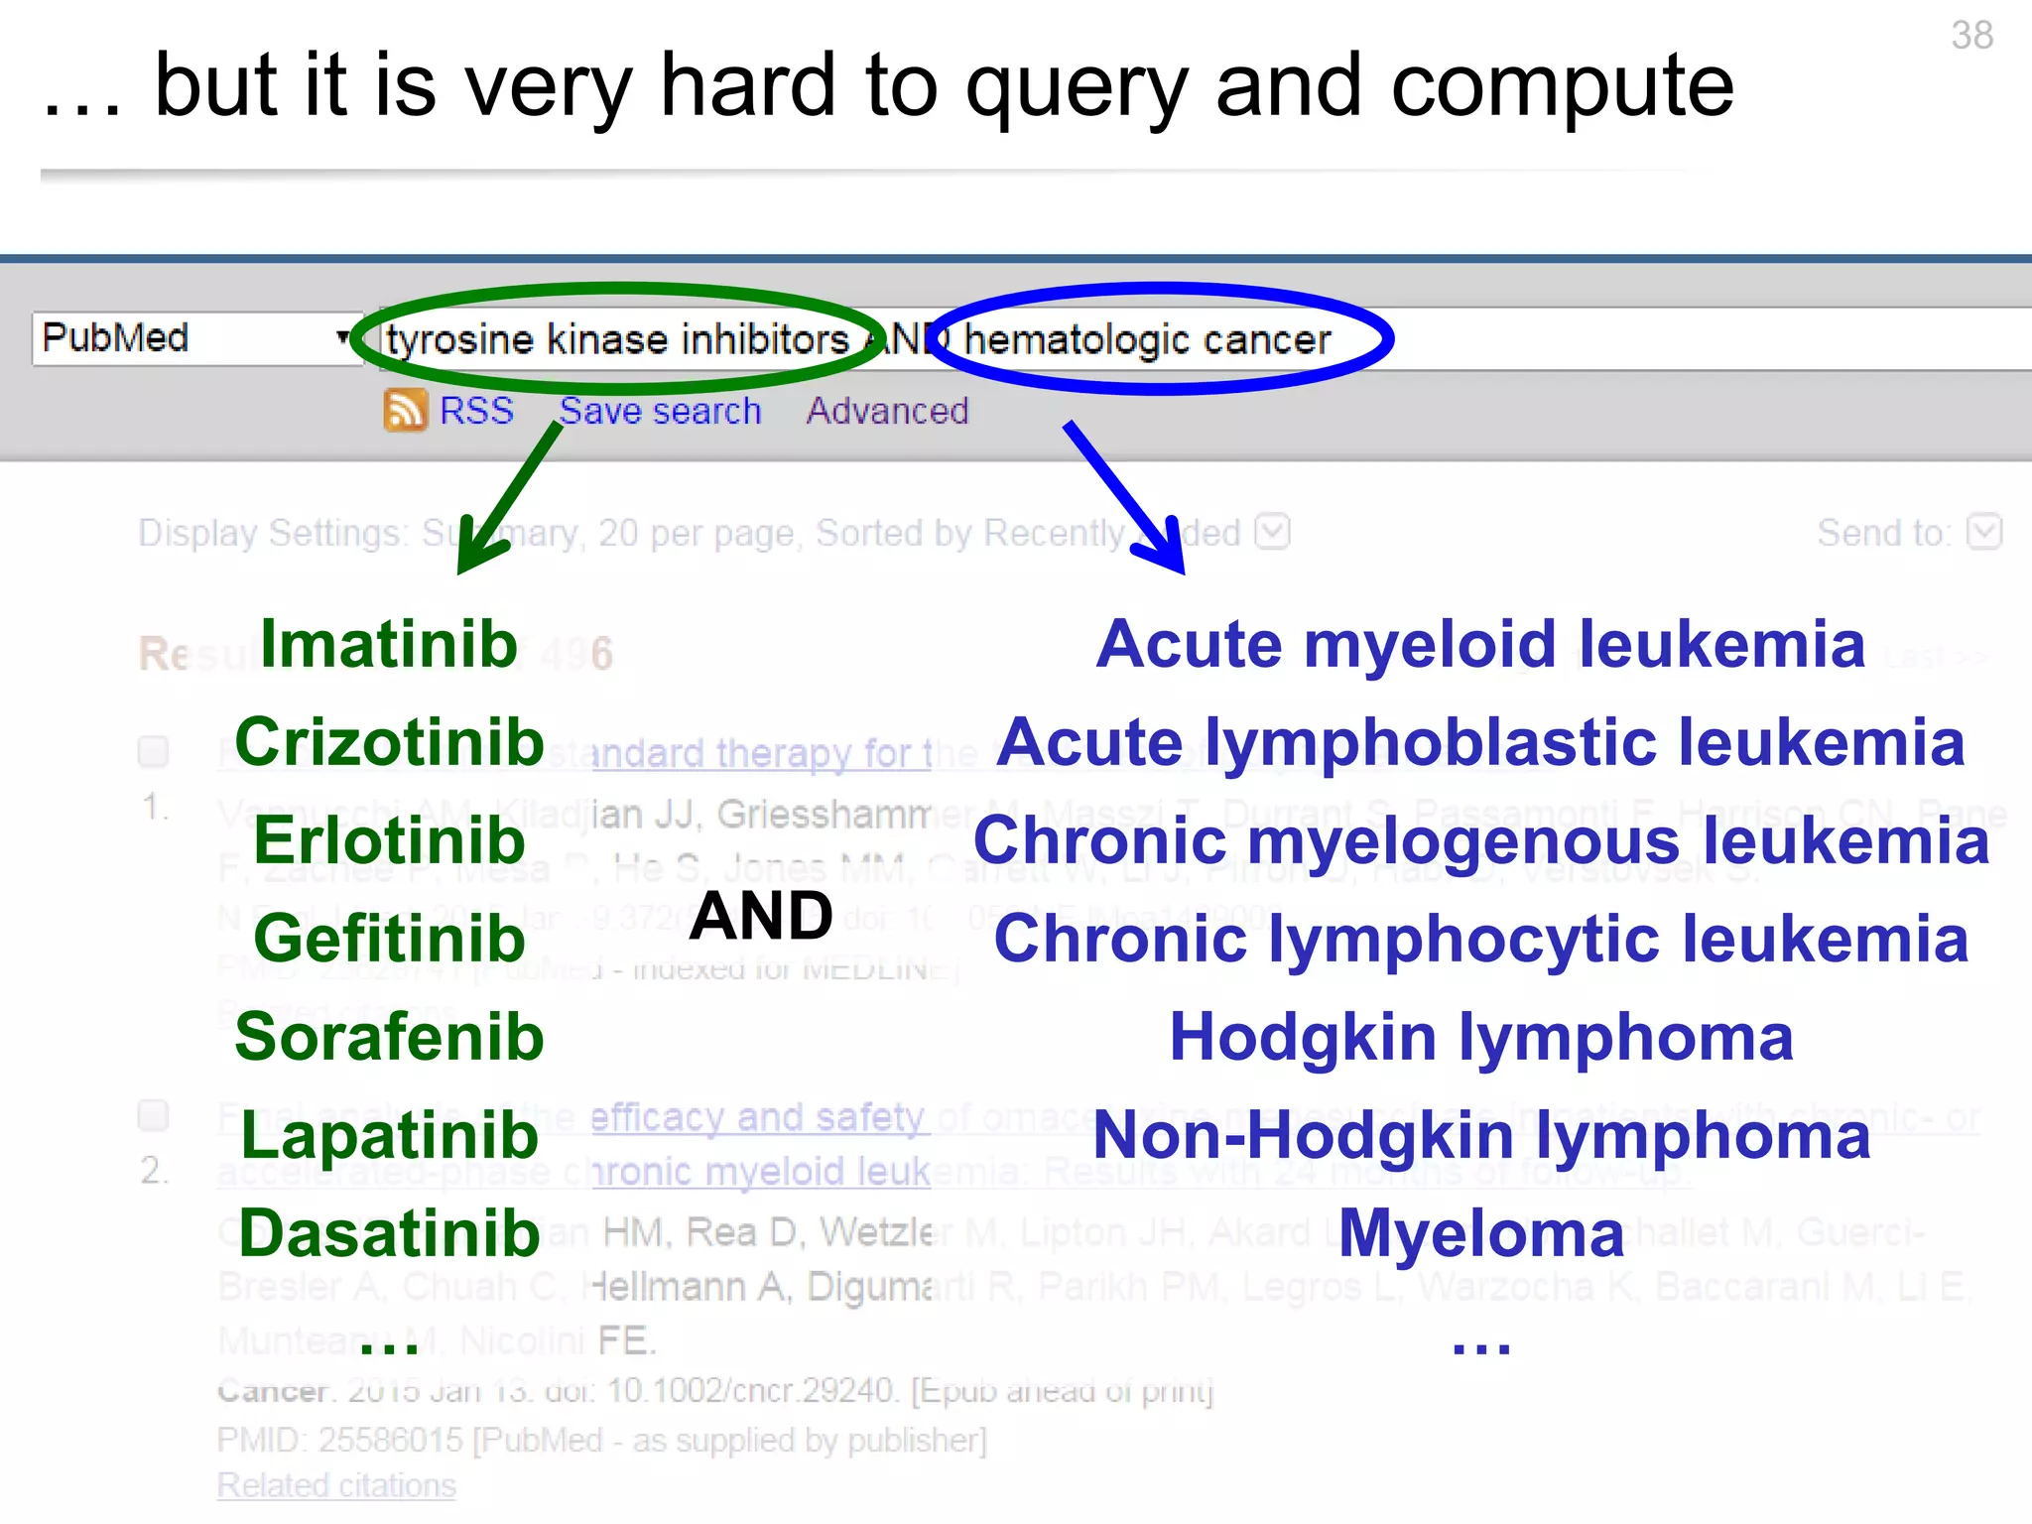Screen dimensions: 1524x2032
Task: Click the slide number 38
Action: click(1970, 36)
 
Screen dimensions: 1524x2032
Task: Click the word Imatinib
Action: click(389, 645)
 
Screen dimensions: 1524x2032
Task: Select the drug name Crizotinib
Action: click(389, 742)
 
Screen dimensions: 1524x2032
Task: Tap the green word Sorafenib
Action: click(389, 1037)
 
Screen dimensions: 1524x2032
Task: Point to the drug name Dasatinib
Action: click(389, 1233)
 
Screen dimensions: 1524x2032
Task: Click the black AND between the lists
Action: click(761, 915)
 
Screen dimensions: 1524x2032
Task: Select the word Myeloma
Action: click(1480, 1233)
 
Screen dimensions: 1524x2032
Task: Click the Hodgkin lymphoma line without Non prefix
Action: click(1480, 1037)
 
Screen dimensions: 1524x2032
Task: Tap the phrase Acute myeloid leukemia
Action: click(1480, 645)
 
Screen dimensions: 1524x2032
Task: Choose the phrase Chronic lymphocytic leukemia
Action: click(1480, 939)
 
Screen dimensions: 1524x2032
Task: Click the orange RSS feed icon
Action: click(405, 410)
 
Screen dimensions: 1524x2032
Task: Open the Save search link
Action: click(660, 411)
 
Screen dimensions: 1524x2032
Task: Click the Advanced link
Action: click(887, 411)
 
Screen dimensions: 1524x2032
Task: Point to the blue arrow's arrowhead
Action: click(1171, 556)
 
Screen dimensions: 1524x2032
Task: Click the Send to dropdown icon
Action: click(1984, 532)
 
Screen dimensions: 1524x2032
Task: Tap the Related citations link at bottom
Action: click(336, 1485)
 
